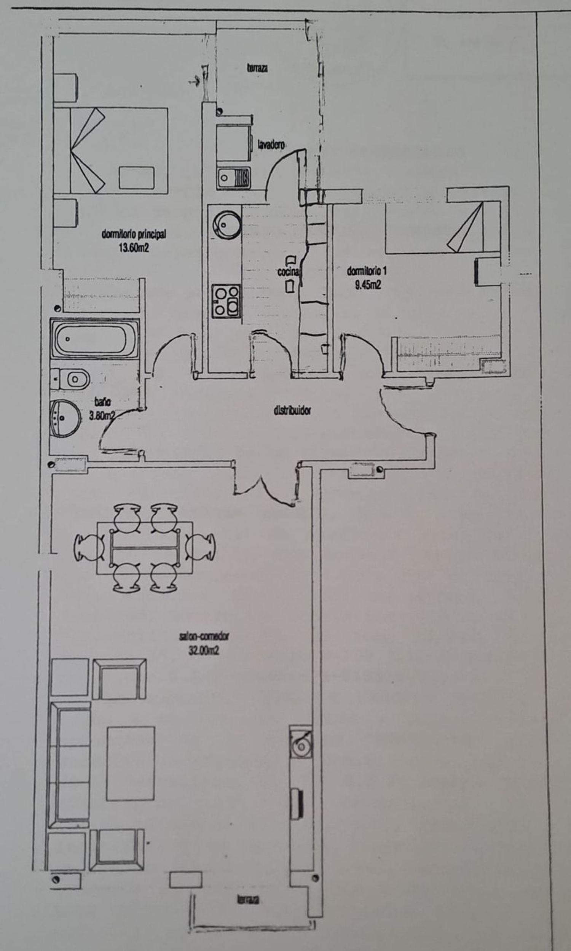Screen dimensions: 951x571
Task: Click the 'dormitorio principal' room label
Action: pos(134,234)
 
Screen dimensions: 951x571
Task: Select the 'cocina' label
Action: pos(288,272)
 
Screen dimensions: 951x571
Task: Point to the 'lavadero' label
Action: pos(271,145)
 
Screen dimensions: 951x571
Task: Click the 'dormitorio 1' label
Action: pos(367,271)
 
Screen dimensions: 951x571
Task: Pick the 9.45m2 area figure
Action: pos(368,285)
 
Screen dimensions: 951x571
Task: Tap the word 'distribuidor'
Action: pos(292,410)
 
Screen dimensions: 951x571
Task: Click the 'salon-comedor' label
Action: pos(204,636)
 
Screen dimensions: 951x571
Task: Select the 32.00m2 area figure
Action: pos(204,650)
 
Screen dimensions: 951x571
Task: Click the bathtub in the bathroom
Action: pos(94,339)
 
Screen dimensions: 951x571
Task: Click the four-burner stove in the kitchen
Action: pos(226,302)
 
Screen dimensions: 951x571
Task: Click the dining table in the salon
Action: pos(145,548)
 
